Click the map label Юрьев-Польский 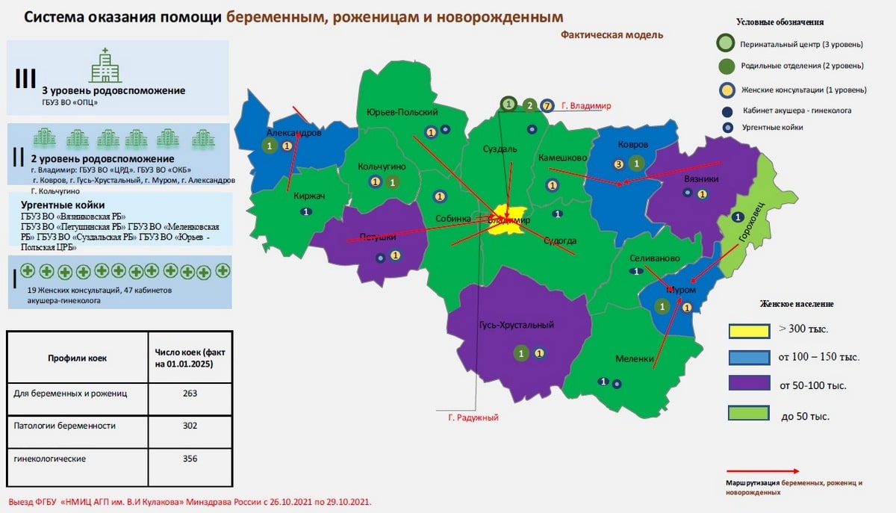(402, 112)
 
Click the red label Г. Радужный (473, 417)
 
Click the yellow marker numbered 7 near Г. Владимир (547, 105)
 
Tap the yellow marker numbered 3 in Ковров (618, 164)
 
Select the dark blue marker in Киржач (305, 213)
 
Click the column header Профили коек (78, 358)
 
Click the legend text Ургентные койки (772, 128)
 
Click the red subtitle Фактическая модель (612, 35)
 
